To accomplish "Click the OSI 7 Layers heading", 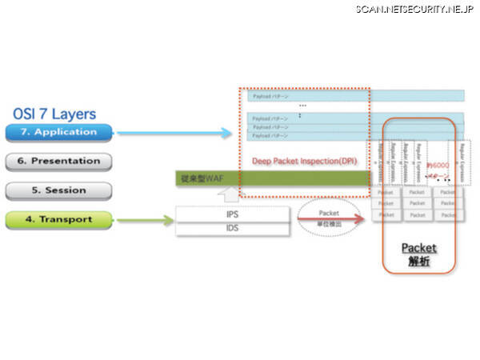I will click(x=55, y=114).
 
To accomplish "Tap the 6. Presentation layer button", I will click(x=59, y=161).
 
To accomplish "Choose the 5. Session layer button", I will click(x=59, y=190).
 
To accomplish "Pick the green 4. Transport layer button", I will click(x=59, y=219).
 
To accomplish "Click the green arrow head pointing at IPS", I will click(x=169, y=220).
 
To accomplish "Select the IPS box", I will click(x=232, y=215).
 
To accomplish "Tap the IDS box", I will click(x=232, y=230).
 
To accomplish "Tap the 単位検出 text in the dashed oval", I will click(x=329, y=225).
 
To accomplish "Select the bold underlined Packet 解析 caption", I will click(x=418, y=255).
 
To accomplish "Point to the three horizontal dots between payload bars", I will click(x=303, y=106).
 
